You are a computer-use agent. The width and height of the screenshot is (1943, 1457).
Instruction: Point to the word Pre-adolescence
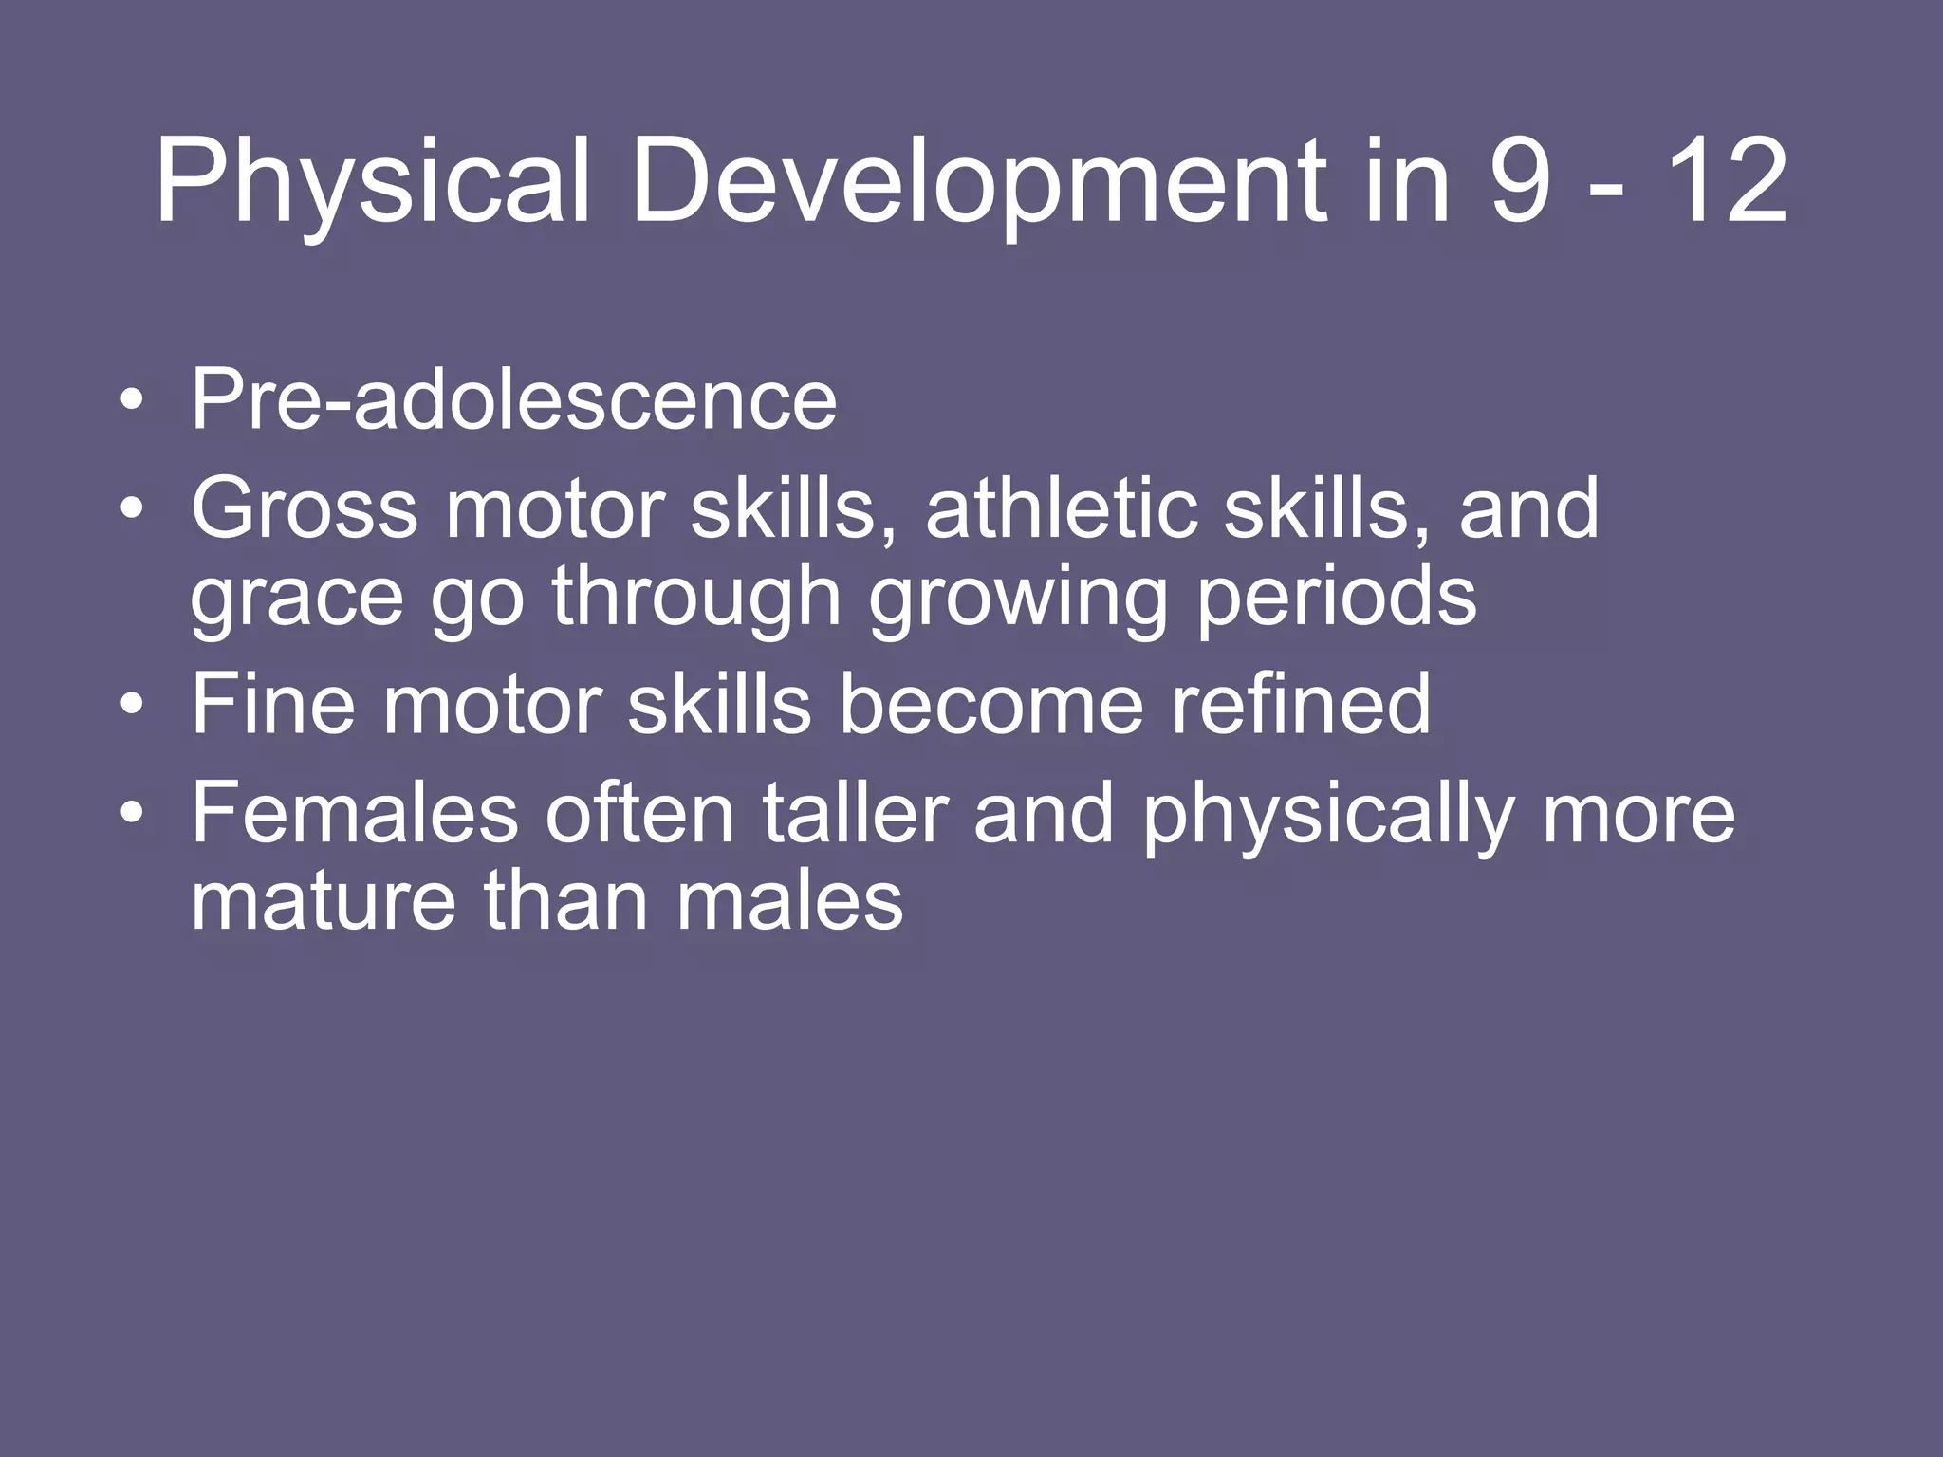click(513, 399)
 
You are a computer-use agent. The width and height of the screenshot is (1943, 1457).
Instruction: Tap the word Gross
click(304, 509)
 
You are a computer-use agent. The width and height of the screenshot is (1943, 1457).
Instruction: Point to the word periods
click(1336, 598)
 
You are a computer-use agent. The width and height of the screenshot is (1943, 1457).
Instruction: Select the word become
click(991, 704)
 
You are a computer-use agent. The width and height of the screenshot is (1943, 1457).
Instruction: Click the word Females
click(354, 813)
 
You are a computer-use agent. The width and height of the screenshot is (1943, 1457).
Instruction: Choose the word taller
click(855, 813)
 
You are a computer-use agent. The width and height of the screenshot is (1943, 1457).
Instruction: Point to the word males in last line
click(789, 901)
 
